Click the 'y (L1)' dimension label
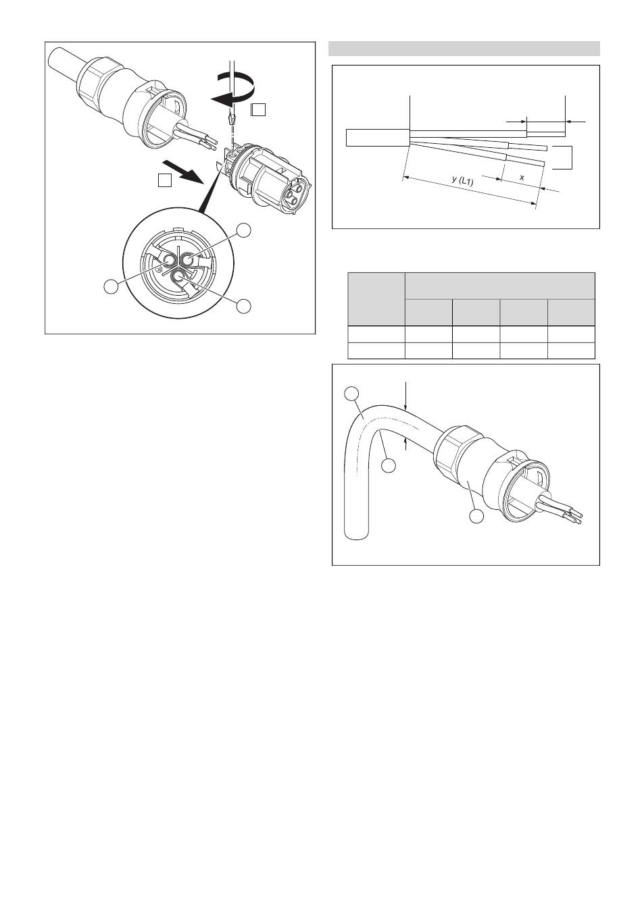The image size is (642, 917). pos(462,180)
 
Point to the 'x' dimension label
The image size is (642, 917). pos(522,178)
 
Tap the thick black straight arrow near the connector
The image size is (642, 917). pos(182,172)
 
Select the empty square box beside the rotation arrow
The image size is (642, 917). pos(259,109)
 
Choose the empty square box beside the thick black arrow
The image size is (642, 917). pos(165,180)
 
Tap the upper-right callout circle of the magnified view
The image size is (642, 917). pos(244,230)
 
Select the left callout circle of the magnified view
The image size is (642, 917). pos(111,286)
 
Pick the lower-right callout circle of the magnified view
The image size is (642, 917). pos(244,305)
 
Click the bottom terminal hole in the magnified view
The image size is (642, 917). pos(179,277)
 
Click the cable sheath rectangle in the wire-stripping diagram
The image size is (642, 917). pos(378,137)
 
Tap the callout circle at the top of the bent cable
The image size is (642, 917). pos(351,394)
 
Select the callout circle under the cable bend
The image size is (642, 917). pos(389,466)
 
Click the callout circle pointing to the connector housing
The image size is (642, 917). pos(476,516)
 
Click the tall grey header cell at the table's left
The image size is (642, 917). pos(376,299)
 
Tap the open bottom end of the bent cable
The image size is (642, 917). pos(357,535)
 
